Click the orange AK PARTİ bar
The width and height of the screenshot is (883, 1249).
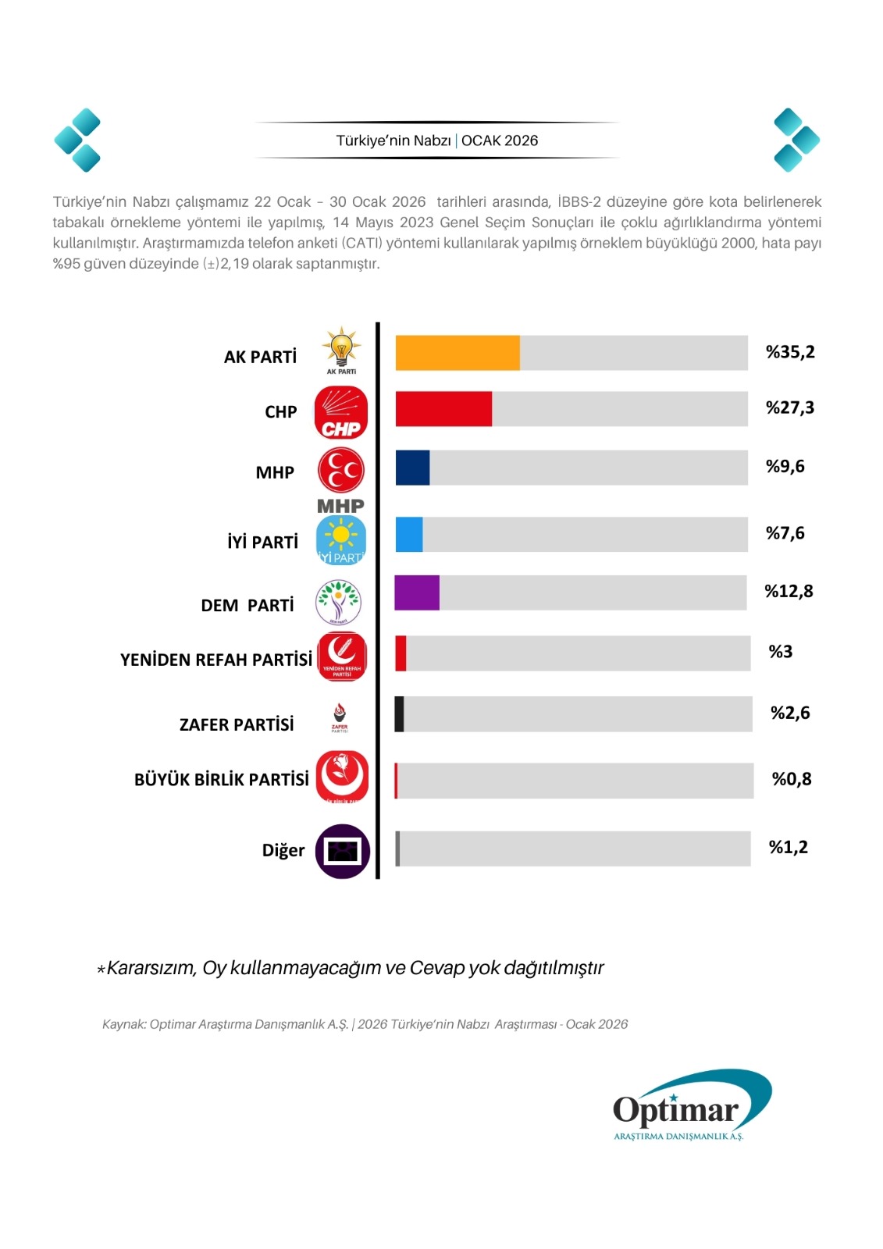[458, 353]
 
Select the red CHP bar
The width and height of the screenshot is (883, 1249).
[443, 409]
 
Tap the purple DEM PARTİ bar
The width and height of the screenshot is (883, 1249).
[417, 592]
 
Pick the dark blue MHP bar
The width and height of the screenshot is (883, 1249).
[412, 468]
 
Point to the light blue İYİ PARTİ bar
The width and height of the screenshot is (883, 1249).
[409, 535]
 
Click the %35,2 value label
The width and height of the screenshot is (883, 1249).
[789, 352]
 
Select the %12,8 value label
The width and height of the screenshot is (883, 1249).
[789, 592]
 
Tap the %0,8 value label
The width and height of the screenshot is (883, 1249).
[791, 779]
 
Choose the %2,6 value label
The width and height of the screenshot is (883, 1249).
[789, 713]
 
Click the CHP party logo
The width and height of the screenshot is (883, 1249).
[341, 412]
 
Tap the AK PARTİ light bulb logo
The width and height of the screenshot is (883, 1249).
[341, 349]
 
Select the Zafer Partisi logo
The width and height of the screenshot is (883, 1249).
[340, 717]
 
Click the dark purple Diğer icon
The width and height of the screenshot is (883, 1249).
[342, 851]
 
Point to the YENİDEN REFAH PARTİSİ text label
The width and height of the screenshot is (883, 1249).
[216, 660]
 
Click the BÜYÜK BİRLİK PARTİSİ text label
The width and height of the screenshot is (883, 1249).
[222, 780]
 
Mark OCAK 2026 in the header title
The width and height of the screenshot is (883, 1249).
[500, 141]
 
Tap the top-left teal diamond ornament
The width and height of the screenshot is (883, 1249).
[77, 140]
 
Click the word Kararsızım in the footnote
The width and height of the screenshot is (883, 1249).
[151, 969]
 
